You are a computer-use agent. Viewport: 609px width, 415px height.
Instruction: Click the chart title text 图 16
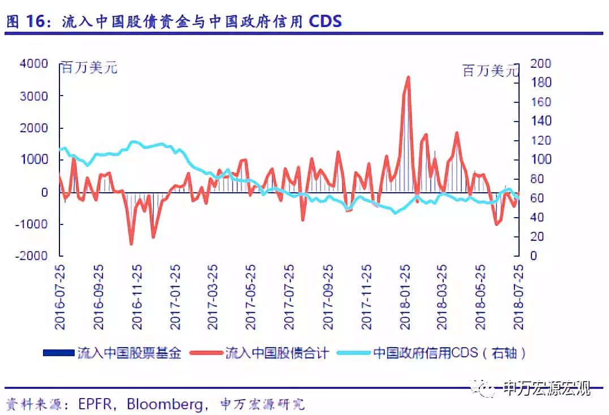click(27, 21)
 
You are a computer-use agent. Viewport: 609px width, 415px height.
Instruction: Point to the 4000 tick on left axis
click(34, 64)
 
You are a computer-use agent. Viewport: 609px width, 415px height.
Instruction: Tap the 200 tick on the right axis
click(541, 64)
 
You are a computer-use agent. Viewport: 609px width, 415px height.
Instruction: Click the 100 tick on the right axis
click(541, 160)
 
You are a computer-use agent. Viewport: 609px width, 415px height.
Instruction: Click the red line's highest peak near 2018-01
click(408, 77)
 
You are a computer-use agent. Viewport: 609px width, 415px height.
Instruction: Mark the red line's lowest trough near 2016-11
click(131, 243)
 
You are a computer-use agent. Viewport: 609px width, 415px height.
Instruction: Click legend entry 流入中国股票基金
click(130, 354)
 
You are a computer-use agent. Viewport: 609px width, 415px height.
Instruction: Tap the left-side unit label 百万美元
click(89, 68)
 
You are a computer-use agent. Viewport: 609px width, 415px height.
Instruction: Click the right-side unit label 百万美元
click(490, 71)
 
